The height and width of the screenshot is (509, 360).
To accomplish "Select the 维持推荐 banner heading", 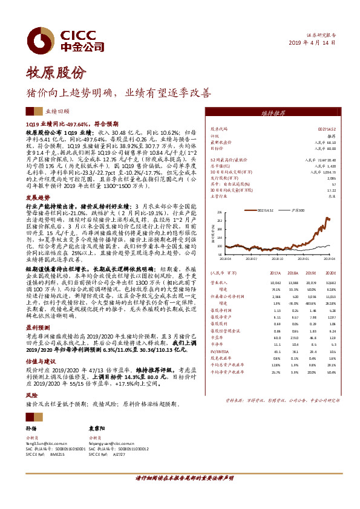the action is (x=273, y=113).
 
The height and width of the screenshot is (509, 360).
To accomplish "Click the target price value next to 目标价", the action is (x=326, y=148).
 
